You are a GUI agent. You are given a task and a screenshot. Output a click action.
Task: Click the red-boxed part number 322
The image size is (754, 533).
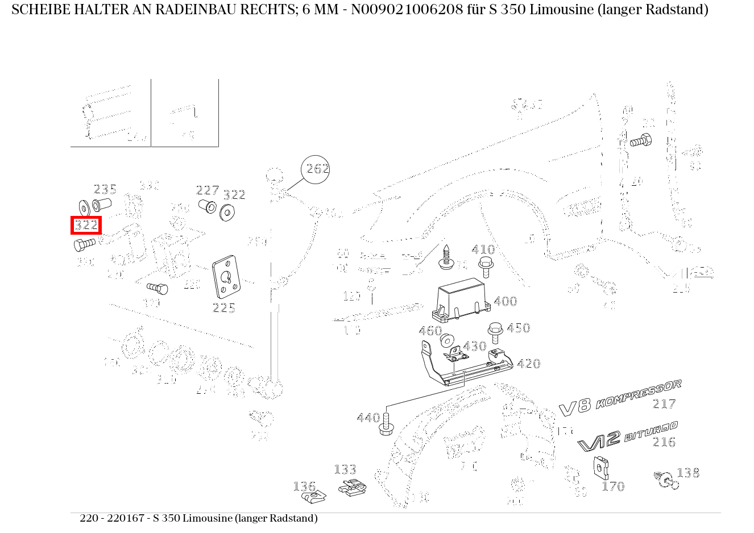point(86,225)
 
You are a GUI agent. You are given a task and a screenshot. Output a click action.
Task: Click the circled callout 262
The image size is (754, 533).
point(316,169)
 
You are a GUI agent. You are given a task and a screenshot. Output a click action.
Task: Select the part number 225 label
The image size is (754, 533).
point(223,307)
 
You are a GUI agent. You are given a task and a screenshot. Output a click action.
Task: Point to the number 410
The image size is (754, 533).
point(483,249)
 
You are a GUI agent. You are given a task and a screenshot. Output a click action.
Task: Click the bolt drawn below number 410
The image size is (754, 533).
point(486,267)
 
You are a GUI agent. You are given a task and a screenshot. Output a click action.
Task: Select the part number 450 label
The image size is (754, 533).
point(518,328)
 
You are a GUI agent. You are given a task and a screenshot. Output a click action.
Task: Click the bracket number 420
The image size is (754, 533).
point(528,364)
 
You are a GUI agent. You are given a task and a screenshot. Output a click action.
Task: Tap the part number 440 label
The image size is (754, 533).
point(368,418)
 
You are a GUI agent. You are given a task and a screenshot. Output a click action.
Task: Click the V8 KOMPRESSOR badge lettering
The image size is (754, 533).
point(620,398)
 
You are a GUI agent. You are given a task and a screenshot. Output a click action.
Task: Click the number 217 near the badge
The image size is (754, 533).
point(664,404)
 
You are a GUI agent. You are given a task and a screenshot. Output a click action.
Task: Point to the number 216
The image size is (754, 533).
point(664,442)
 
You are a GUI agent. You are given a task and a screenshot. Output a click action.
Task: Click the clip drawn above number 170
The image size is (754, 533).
point(601,467)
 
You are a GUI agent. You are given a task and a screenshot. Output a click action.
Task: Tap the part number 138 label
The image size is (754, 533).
point(688,473)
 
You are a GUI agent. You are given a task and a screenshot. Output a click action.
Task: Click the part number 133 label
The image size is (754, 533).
point(345,469)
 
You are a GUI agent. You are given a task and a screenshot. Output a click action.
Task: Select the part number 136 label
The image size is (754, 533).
point(304,486)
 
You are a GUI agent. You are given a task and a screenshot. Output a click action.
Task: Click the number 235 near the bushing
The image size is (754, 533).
point(105,189)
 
